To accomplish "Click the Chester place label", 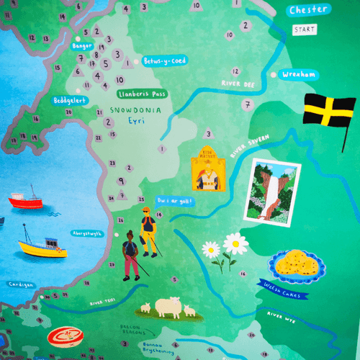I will click(308, 10).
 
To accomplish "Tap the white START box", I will click(304, 30).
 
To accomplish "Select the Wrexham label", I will click(299, 74).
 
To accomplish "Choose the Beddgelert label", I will click(71, 100).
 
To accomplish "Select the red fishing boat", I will click(26, 201).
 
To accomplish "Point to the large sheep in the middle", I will click(168, 307).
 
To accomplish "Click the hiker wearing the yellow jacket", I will click(148, 231).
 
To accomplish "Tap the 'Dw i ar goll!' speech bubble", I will click(174, 201).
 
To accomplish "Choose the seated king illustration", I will click(207, 174).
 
